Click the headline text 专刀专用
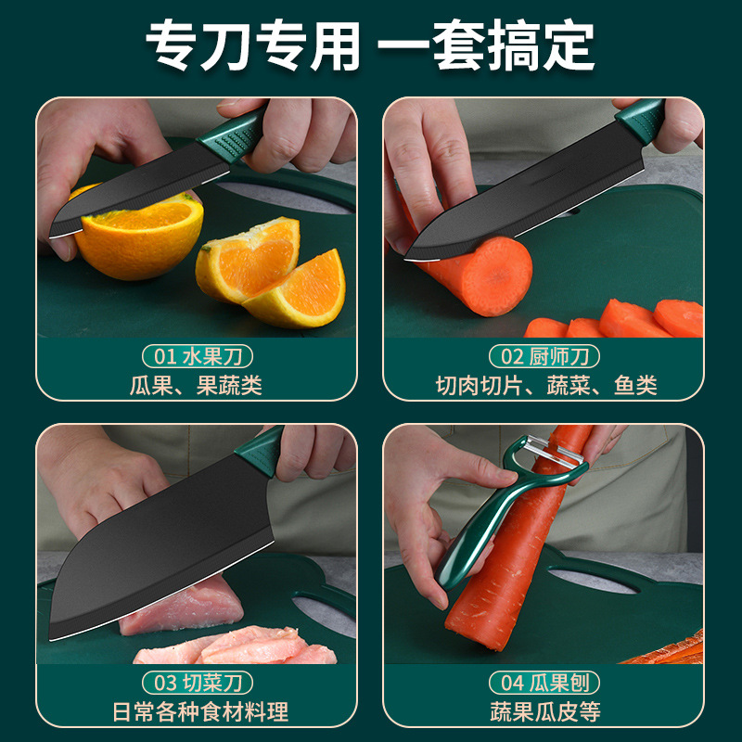[x=253, y=45]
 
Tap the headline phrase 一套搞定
[x=485, y=45]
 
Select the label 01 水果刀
[x=198, y=356]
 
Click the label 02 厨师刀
[x=544, y=356]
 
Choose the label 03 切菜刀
[x=198, y=683]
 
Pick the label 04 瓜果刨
[x=544, y=683]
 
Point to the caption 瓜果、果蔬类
[x=196, y=385]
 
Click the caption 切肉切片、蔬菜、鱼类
[x=546, y=385]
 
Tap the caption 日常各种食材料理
[x=200, y=711]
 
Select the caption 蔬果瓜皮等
[x=545, y=711]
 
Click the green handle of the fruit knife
[x=232, y=134]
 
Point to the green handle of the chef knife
[x=641, y=120]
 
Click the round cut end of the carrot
[x=496, y=276]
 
